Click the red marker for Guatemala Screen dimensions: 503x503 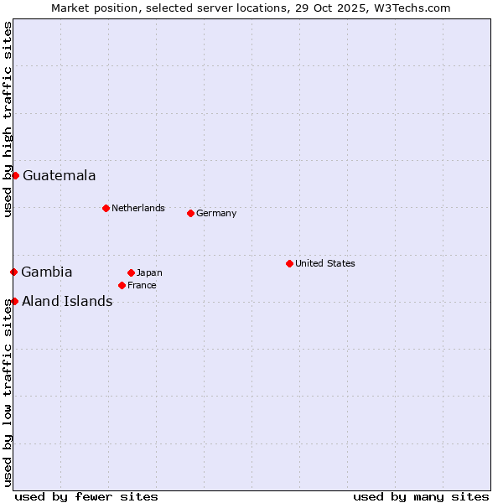point(15,175)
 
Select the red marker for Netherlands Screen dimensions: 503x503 point(106,208)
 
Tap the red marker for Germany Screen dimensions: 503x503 point(190,213)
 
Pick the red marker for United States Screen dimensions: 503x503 point(289,263)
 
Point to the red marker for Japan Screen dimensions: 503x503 point(131,272)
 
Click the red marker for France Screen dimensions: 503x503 point(122,285)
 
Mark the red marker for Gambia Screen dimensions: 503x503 point(13,272)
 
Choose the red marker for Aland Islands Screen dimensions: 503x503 point(14,301)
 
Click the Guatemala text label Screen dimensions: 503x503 point(59,175)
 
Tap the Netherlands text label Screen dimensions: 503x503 point(138,208)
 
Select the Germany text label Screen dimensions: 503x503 point(216,213)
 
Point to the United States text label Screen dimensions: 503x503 point(325,263)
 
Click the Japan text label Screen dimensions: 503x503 point(149,272)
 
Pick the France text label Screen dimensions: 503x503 point(142,285)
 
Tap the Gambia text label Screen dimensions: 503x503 point(47,272)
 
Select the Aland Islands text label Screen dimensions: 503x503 point(67,301)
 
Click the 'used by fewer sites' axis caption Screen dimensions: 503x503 point(86,496)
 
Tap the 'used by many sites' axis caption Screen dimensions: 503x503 point(421,496)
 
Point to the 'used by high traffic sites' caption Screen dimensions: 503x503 point(8,119)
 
